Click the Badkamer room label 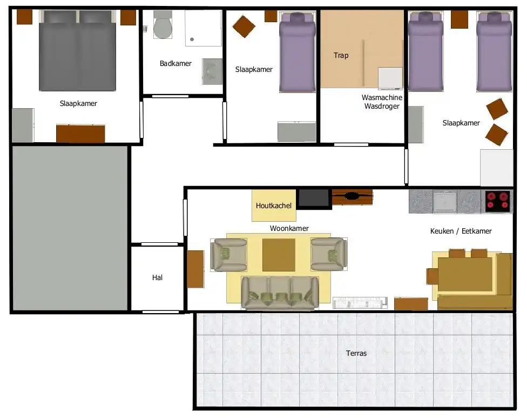(175, 63)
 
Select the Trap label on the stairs (341, 55)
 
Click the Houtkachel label (274, 205)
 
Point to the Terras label (356, 353)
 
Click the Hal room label (157, 277)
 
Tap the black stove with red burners (497, 201)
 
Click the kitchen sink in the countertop (445, 202)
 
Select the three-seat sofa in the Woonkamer (280, 293)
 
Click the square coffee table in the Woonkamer (279, 255)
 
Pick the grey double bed (78, 50)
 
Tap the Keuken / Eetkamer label (461, 231)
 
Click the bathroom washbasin (212, 72)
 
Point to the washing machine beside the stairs (390, 78)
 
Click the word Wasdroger (382, 107)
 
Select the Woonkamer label (289, 228)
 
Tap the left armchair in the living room (228, 255)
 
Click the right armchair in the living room (329, 254)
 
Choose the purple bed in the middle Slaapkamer (298, 52)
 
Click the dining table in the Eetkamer (465, 274)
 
